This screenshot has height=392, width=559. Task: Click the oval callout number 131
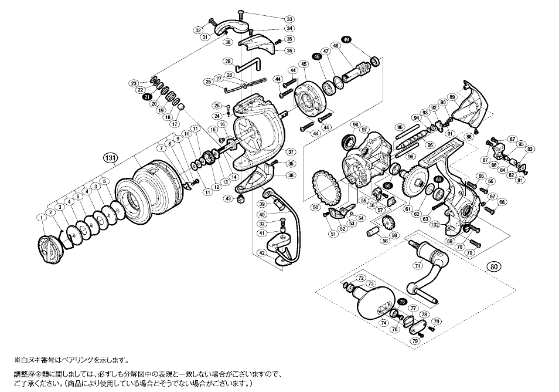[x=110, y=157]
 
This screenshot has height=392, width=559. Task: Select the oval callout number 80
[x=496, y=266]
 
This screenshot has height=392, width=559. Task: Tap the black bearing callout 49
[x=346, y=39]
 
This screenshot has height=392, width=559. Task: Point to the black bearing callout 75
[x=402, y=302]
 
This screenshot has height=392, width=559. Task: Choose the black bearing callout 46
[x=317, y=56]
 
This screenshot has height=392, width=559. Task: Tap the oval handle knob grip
[x=376, y=306]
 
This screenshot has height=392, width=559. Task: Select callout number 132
[x=434, y=225]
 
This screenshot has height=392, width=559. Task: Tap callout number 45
[x=304, y=64]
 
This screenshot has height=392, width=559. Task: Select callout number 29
[x=227, y=61]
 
